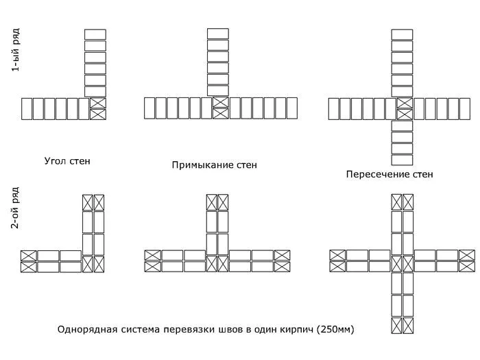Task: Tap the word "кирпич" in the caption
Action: (293, 330)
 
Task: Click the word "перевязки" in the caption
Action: (183, 330)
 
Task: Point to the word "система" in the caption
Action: (137, 330)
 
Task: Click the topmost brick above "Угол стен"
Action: (95, 34)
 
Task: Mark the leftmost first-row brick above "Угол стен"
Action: (27, 108)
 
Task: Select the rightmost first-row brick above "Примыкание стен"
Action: (291, 108)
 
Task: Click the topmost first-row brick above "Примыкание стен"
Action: (217, 34)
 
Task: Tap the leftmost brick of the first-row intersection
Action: (334, 108)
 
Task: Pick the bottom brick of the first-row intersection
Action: (402, 160)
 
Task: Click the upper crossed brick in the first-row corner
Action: (99, 103)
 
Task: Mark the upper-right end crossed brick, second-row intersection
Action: (466, 255)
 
